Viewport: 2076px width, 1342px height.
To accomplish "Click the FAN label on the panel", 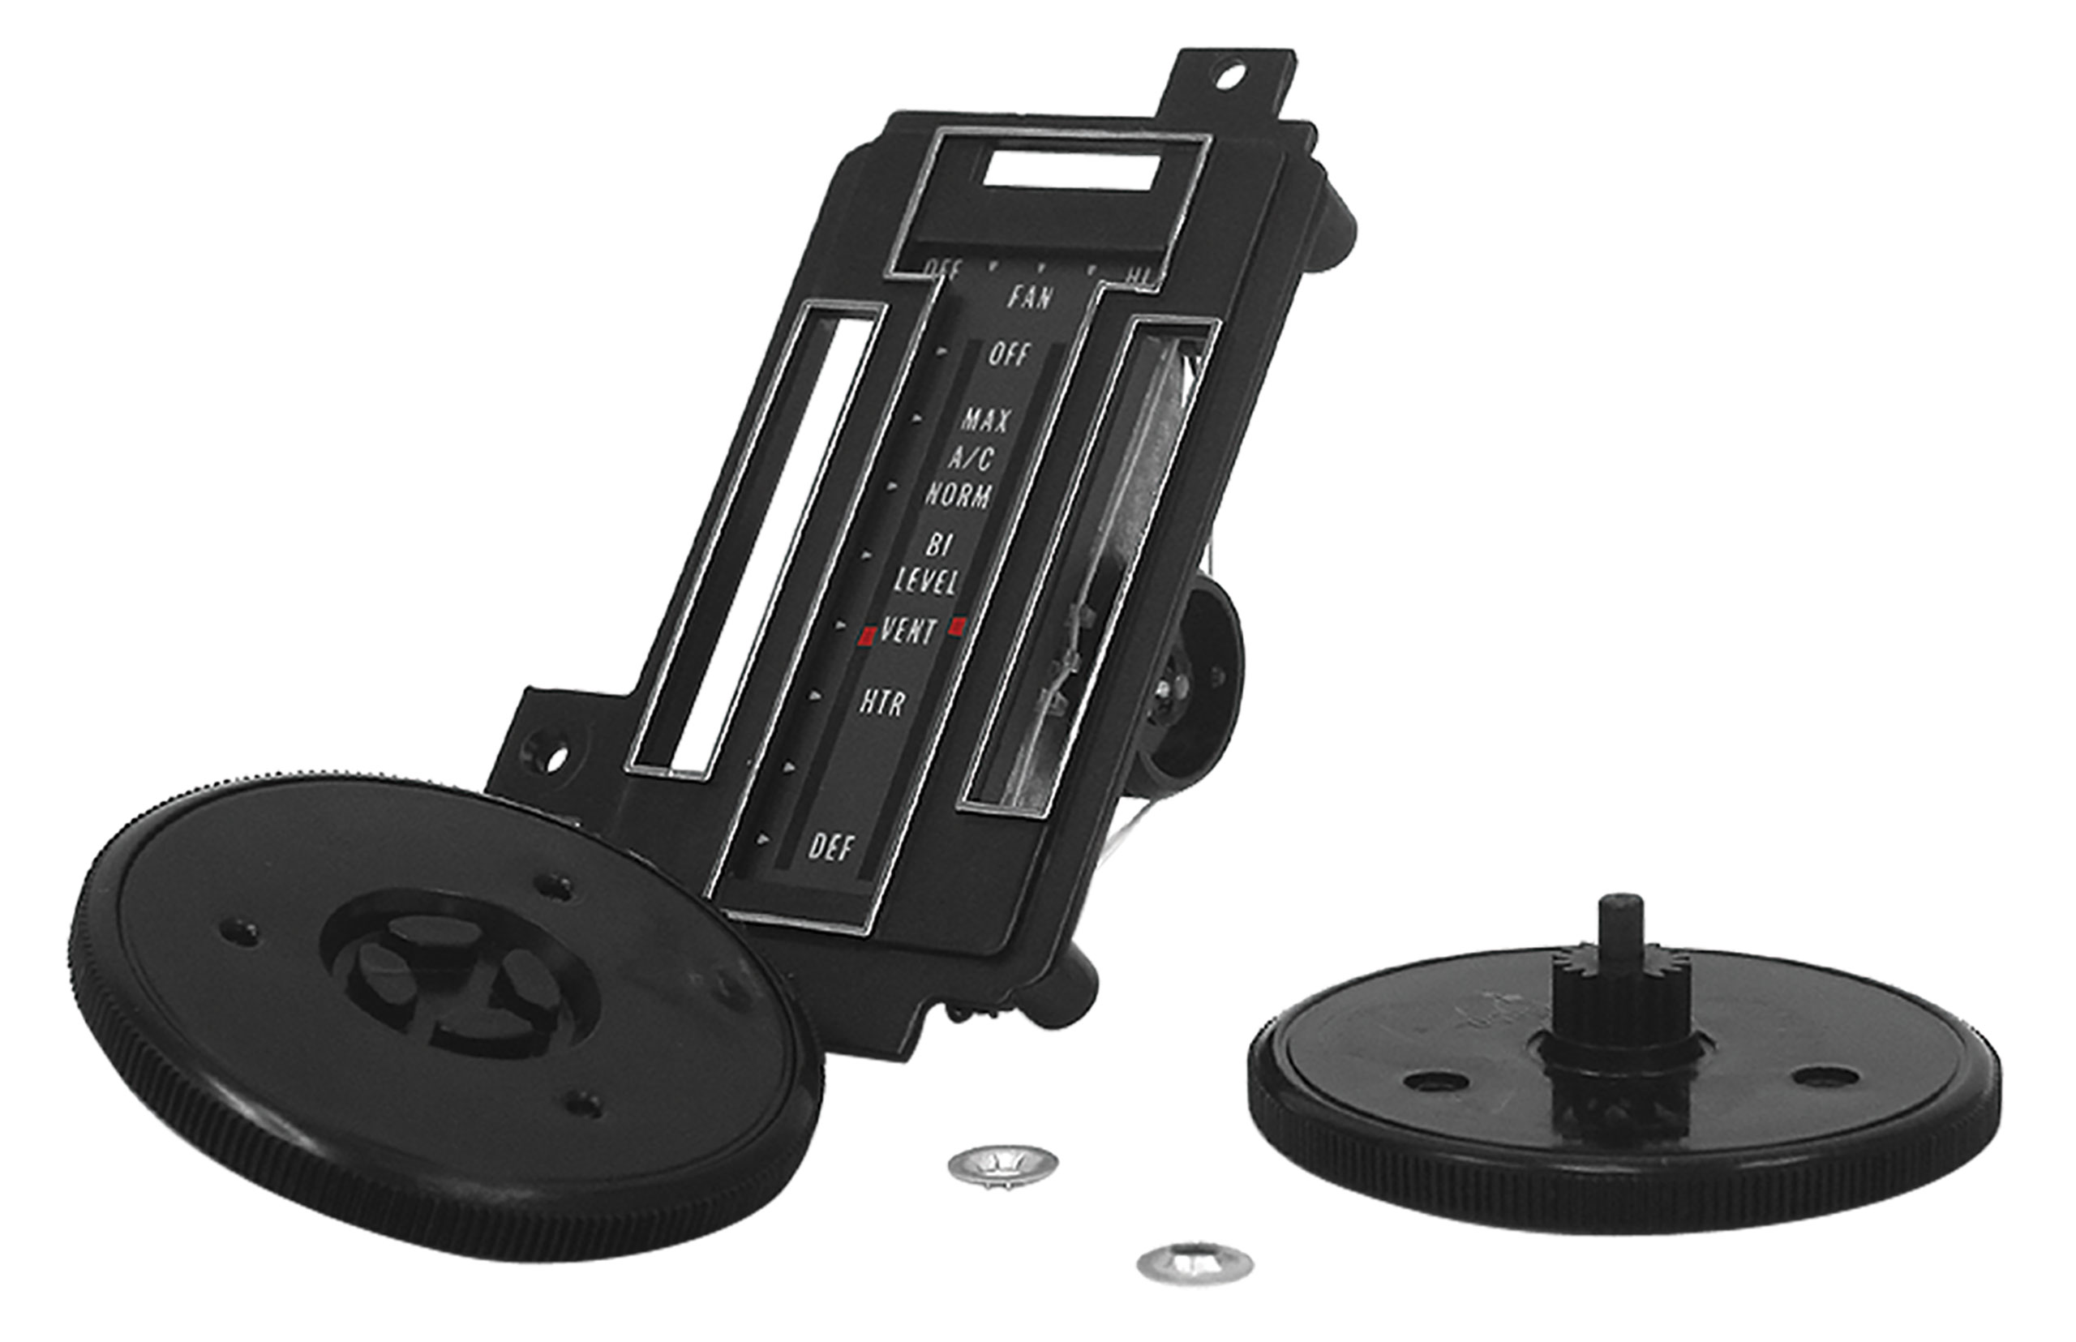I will [1030, 297].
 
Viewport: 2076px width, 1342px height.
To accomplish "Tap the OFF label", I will [1008, 354].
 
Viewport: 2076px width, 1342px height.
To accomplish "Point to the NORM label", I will [958, 495].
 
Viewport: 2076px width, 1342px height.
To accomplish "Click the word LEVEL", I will [925, 581].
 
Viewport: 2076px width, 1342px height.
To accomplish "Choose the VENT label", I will [909, 631].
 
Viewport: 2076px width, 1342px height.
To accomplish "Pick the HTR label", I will [882, 701].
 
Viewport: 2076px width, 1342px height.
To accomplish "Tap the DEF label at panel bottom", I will [831, 847].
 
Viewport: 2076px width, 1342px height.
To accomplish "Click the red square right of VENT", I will [959, 625].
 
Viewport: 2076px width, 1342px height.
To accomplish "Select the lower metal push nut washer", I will [1194, 1262].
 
